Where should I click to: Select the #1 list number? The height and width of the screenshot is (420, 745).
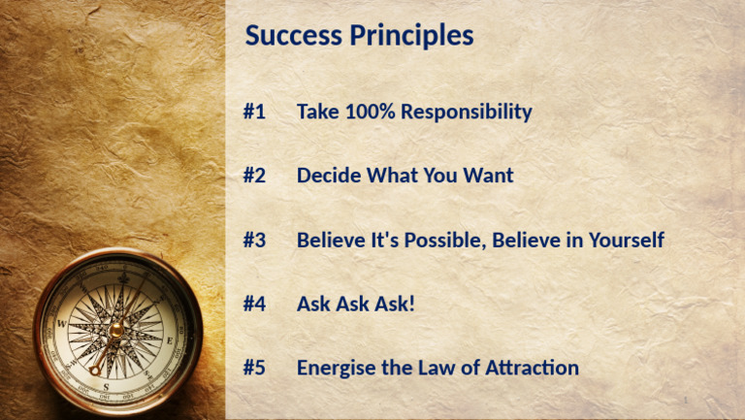254,112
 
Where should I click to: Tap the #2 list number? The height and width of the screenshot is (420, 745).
254,176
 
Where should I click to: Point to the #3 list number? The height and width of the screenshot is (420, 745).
254,240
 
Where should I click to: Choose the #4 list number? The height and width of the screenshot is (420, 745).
254,304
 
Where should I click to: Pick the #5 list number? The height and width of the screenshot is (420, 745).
254,368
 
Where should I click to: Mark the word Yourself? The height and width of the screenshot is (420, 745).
621,240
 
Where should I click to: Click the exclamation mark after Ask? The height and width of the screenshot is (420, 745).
411,304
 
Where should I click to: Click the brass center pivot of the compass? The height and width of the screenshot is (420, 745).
115,330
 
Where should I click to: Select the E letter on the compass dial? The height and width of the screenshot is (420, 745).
169,340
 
